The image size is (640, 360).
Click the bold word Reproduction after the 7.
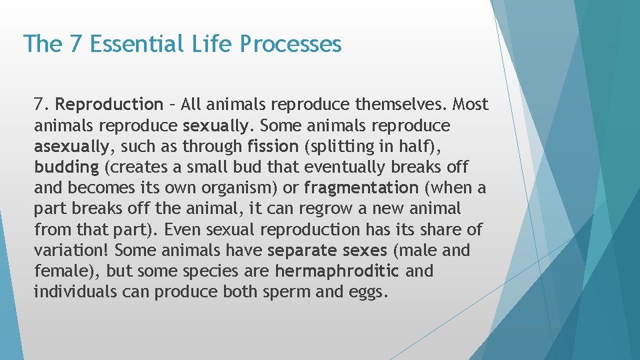point(109,105)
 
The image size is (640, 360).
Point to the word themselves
point(404,105)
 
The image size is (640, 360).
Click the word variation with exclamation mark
point(72,251)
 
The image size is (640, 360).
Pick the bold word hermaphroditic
point(337,271)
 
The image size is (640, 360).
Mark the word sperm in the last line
point(291,292)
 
